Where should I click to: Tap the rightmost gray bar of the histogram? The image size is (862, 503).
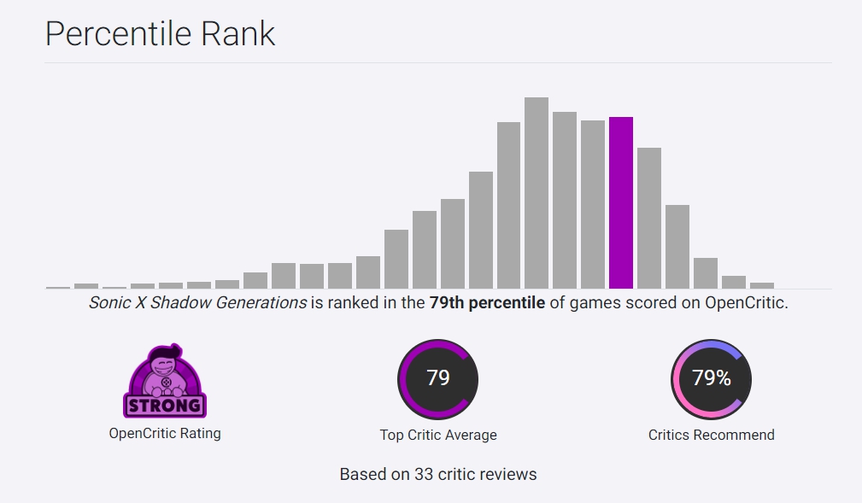coord(761,285)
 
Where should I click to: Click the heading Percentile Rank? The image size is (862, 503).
coord(160,34)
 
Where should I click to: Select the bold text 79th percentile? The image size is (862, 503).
coord(487,303)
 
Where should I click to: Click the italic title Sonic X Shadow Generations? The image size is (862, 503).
coord(197,303)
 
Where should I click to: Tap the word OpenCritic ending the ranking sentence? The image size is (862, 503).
coord(743,303)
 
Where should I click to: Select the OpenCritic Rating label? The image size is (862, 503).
coord(165,434)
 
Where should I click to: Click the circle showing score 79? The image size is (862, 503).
coord(438,379)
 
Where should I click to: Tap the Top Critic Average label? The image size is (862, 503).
coord(438,435)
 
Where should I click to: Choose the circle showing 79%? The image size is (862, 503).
coord(712,379)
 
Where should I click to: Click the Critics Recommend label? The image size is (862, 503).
coord(712,435)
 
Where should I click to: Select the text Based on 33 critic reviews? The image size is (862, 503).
coord(438,474)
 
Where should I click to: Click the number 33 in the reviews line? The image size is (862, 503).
coord(424,474)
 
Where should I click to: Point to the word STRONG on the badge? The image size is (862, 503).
coord(165,404)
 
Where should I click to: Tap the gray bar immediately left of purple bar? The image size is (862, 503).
coord(593,205)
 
